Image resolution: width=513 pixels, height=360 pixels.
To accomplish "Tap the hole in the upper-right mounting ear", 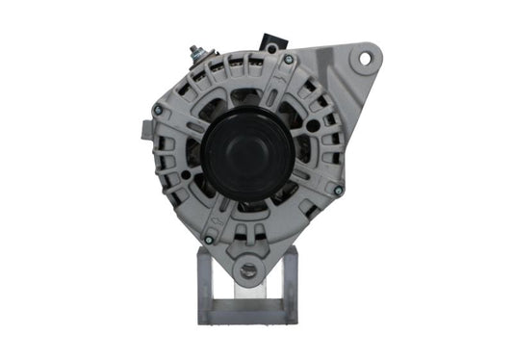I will pyautogui.click(x=365, y=58).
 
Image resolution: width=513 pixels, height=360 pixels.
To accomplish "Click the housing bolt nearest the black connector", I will pyautogui.click(x=288, y=61).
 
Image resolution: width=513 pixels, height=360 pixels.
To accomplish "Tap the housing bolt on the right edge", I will pyautogui.click(x=338, y=190).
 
